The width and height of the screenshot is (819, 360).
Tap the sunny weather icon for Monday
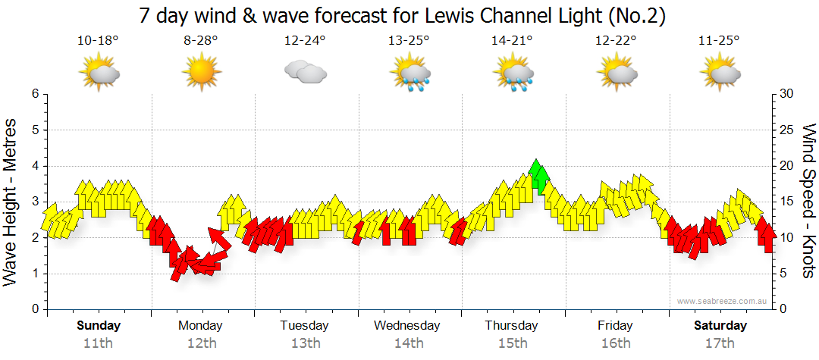click(201, 73)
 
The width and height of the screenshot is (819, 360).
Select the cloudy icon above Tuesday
click(305, 73)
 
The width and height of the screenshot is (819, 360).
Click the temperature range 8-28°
click(201, 41)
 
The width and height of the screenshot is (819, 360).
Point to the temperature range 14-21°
click(512, 41)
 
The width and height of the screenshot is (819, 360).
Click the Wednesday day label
click(407, 326)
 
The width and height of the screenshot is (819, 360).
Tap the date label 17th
click(719, 343)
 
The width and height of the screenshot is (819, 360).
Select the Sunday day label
click(98, 326)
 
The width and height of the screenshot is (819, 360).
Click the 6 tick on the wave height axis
click(34, 94)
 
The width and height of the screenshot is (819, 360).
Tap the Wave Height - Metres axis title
click(11, 202)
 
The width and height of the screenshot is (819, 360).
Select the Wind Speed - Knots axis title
click(808, 202)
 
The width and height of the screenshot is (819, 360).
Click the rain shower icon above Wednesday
click(409, 74)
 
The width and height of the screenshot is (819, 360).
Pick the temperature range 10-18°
click(98, 41)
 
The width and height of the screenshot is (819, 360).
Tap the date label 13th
click(305, 343)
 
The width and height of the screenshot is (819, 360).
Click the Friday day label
click(615, 326)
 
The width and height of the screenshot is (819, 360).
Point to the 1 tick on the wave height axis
click(34, 274)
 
